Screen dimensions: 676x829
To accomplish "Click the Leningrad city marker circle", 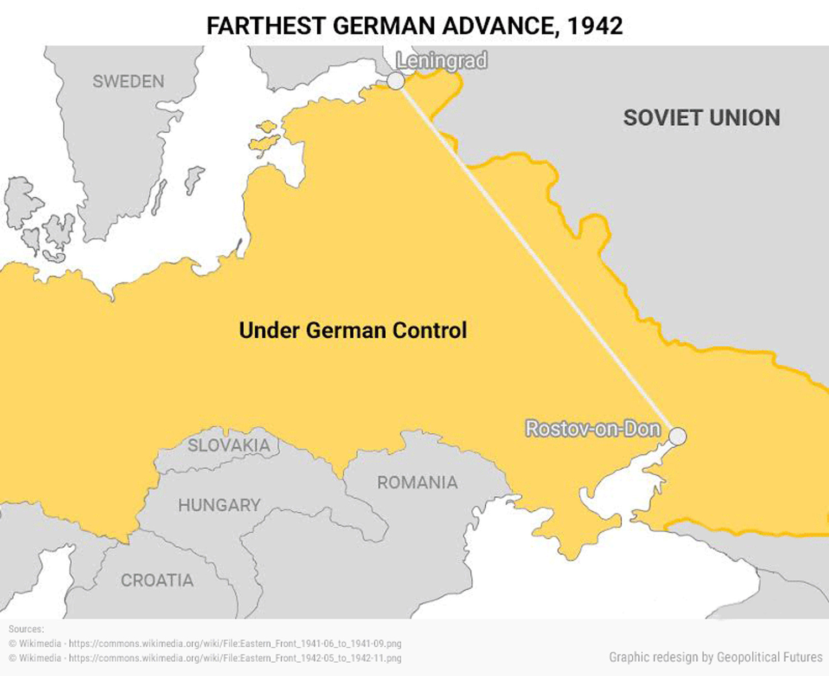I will click(396, 81).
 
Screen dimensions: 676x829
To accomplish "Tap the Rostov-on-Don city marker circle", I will click(678, 436).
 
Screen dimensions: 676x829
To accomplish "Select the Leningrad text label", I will click(442, 60).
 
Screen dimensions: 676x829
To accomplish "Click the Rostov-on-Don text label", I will click(592, 428).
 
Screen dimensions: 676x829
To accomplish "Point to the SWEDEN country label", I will click(128, 81).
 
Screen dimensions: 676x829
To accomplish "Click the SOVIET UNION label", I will click(701, 118).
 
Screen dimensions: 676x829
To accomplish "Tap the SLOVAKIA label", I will click(229, 445).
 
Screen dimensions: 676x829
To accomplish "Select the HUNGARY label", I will click(219, 505).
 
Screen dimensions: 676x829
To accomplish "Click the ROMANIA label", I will click(417, 483).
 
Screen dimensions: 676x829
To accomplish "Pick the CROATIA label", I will click(157, 580).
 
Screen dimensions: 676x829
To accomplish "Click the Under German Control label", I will click(353, 330).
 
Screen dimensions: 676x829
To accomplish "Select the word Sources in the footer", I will click(26, 629).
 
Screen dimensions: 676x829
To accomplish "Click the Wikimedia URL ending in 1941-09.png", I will click(235, 643).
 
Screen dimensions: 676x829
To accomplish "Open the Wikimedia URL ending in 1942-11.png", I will click(235, 658).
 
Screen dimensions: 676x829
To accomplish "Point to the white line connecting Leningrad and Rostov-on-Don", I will click(536, 258).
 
